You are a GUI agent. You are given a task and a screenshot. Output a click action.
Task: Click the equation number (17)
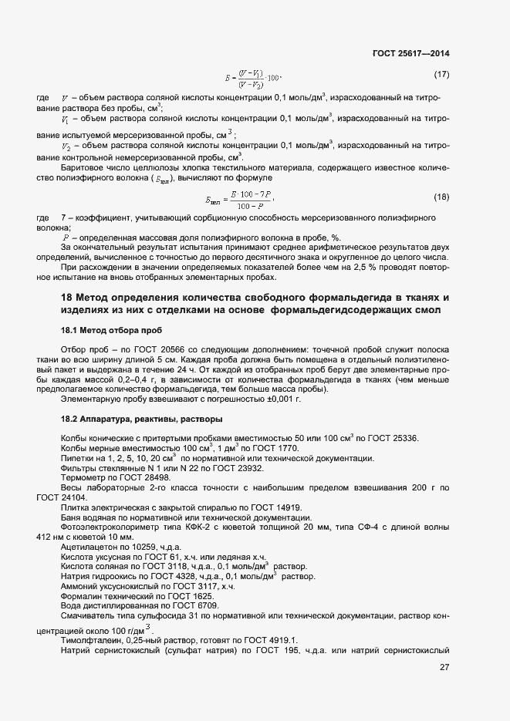point(441,75)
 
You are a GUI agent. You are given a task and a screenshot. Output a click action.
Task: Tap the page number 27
point(444,668)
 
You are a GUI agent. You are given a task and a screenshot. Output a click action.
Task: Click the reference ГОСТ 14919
point(281,507)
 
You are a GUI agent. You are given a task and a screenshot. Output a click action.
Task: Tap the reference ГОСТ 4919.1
point(280,642)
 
